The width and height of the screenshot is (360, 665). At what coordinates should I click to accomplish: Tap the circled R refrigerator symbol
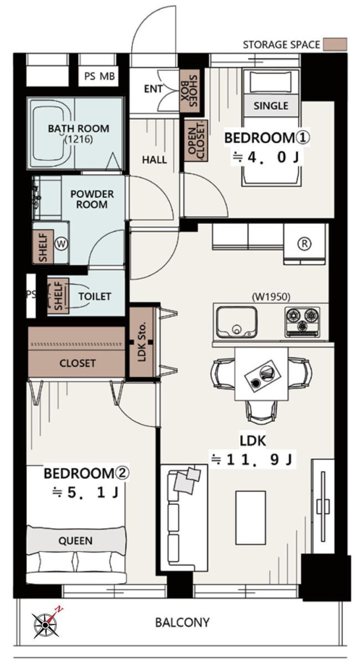coord(304,244)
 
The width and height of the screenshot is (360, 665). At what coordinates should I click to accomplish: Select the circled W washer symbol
coord(61,244)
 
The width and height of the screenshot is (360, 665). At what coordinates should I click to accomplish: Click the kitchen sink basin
coord(236,322)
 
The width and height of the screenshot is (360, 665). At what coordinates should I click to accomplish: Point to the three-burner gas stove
coord(302,322)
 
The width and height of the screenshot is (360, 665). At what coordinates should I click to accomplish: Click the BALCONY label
coord(183,622)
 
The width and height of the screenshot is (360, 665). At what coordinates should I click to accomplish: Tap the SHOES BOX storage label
coord(189,91)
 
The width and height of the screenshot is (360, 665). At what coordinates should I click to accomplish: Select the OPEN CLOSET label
coord(196,140)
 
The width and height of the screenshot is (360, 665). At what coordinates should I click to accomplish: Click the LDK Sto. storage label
coord(142,342)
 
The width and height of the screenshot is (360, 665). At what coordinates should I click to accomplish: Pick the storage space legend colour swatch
coord(335,44)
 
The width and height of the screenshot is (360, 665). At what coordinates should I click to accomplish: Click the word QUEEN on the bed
coord(75,541)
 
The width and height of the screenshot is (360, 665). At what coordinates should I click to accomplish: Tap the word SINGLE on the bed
coord(271,106)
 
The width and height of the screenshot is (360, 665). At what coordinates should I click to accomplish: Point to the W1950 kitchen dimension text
coord(271,296)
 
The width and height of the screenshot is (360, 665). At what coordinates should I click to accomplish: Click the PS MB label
coord(100,76)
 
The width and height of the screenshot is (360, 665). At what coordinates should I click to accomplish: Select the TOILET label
coord(95,296)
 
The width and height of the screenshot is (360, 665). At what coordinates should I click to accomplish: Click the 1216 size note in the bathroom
coord(79,139)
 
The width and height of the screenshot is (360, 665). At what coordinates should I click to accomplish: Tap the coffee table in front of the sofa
coord(250,518)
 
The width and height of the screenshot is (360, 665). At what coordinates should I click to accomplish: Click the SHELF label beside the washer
coord(43,248)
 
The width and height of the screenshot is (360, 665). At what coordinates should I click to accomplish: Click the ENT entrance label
coord(153,89)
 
